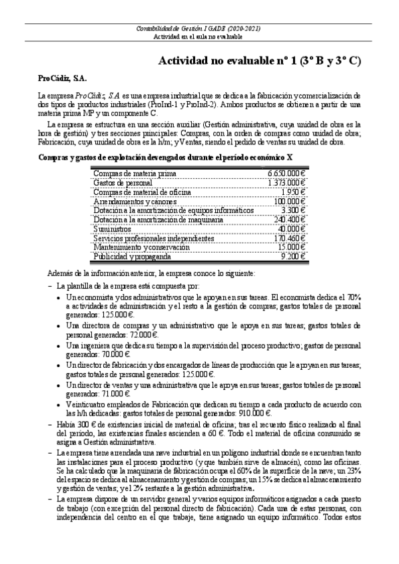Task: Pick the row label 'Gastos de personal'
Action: pyautogui.click(x=123, y=182)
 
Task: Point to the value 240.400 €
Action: pyautogui.click(x=289, y=219)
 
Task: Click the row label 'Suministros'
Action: pyautogui.click(x=113, y=229)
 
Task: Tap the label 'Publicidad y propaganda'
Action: pyautogui.click(x=132, y=256)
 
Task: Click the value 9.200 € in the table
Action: pyautogui.click(x=293, y=256)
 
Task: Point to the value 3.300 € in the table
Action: pyautogui.click(x=293, y=210)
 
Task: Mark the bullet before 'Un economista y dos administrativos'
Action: pyautogui.click(x=58, y=297)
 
